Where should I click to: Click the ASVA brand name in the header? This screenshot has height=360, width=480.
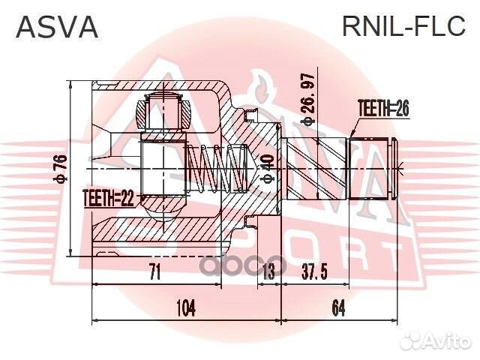57,27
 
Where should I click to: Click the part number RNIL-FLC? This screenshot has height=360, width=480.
404,27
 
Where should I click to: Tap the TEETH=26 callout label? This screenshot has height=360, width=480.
383,109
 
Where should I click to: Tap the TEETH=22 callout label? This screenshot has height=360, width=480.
108,198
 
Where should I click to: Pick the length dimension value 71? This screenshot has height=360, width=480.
154,271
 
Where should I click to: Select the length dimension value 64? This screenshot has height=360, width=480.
337,307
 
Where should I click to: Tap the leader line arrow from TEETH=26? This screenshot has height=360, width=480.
353,133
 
